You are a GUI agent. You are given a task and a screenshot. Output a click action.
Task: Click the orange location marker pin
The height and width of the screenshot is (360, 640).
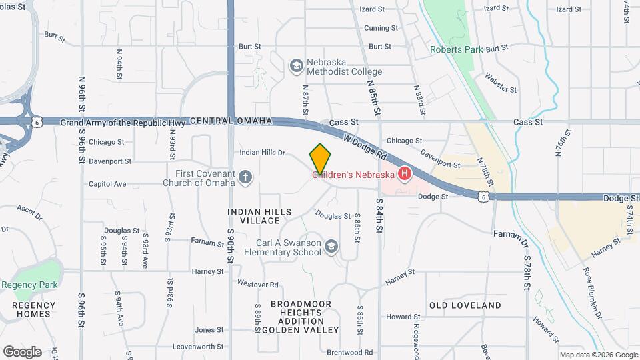(320, 159)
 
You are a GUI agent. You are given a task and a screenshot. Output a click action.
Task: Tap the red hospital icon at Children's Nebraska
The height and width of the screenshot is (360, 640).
(404, 175)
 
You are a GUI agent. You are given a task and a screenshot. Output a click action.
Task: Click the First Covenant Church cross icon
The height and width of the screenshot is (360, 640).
(245, 177)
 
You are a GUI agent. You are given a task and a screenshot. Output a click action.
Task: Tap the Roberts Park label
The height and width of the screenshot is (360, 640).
(456, 49)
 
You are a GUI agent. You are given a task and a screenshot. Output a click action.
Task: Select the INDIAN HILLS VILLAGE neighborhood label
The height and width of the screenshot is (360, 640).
(259, 216)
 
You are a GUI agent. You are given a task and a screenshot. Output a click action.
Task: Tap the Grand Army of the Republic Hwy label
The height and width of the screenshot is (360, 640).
(123, 122)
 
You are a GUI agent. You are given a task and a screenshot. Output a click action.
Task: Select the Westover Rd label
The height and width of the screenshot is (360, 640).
(257, 284)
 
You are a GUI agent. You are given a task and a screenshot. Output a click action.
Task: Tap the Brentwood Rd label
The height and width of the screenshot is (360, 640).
(349, 352)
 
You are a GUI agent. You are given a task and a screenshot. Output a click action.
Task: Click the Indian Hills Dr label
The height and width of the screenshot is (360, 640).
(263, 153)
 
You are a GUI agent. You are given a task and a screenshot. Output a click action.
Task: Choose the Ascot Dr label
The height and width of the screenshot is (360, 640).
(29, 213)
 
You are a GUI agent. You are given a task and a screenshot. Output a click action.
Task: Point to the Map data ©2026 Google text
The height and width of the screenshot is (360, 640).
(598, 355)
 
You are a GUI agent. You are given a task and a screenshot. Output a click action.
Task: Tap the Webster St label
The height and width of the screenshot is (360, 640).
(501, 83)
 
